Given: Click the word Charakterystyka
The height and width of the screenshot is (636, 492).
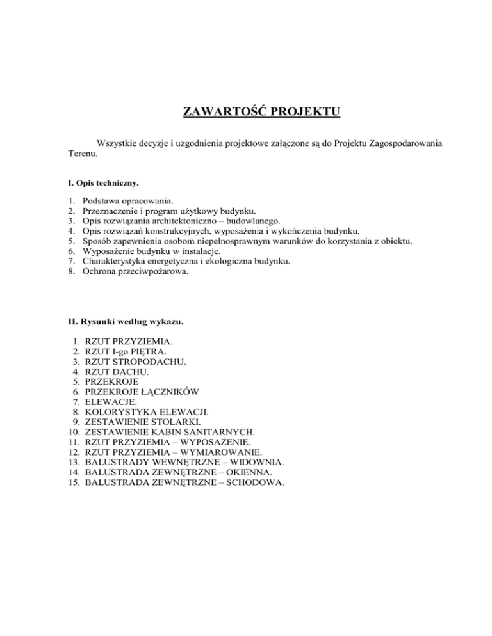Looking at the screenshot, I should point(115,261).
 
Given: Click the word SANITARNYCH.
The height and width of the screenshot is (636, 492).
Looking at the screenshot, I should point(222,433).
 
